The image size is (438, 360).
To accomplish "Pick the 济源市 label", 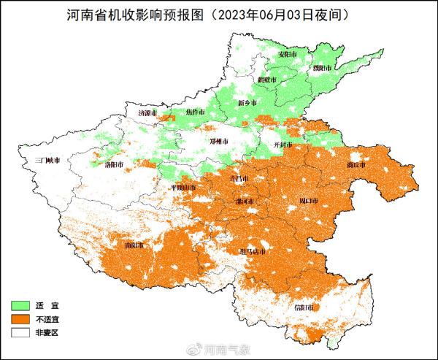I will point(148,114).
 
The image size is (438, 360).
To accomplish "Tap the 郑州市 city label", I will point(219,141).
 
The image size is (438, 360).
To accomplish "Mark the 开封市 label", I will point(281,145).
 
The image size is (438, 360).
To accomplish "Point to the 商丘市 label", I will point(356,165).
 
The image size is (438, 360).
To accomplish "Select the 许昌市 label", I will point(239,179).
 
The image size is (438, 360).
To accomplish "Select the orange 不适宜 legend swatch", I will point(25,318).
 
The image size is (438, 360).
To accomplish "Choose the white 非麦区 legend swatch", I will point(25,332).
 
